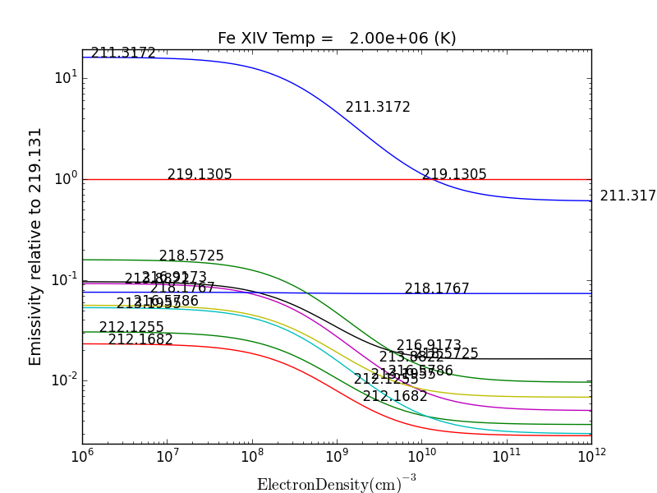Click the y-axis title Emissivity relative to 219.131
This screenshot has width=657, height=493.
35,246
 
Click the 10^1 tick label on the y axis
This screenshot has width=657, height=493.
65,78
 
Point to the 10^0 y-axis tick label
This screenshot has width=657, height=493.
65,179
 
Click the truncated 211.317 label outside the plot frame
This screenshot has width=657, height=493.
627,196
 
